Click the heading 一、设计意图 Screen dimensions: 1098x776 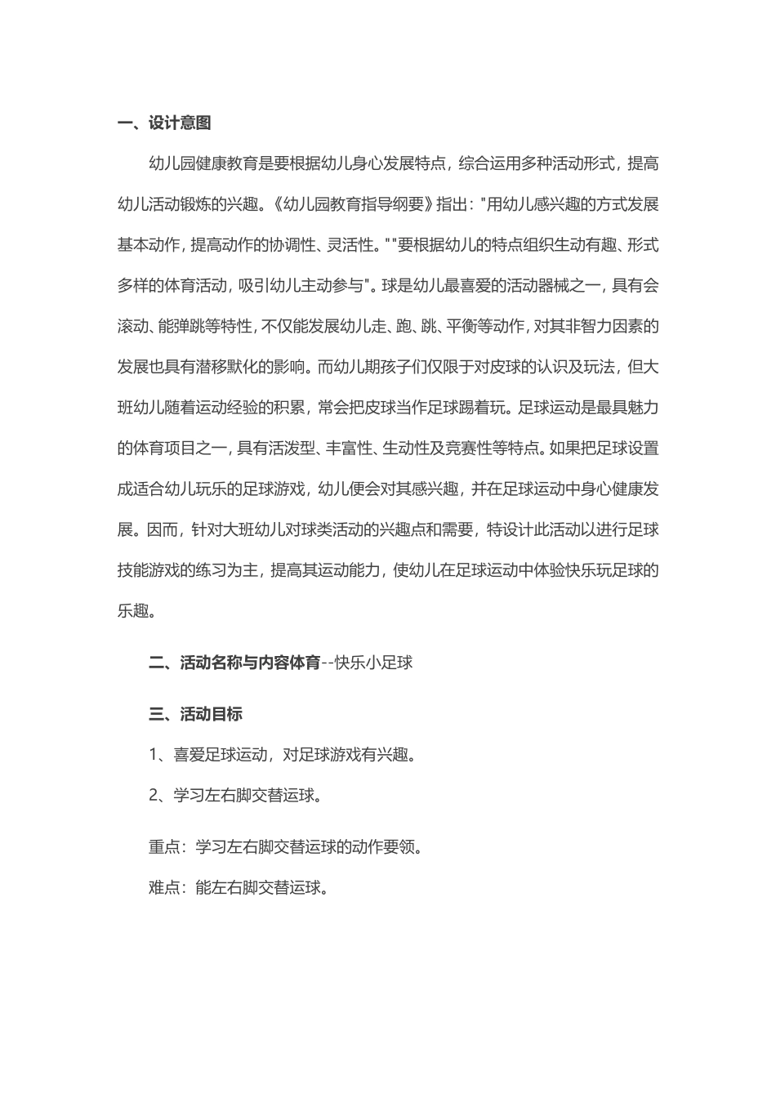click(164, 123)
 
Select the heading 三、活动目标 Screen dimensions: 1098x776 click(195, 714)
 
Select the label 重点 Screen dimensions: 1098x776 click(164, 847)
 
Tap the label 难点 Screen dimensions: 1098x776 click(164, 888)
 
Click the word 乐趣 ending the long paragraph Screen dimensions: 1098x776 click(133, 611)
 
